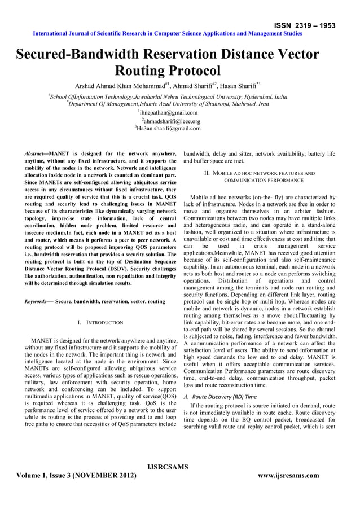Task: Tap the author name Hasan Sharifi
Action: (236, 86)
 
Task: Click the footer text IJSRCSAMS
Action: (167, 467)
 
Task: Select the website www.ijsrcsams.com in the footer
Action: (288, 476)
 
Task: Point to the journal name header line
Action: (168, 33)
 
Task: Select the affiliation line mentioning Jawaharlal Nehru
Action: (168, 96)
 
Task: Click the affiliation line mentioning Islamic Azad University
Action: (168, 104)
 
